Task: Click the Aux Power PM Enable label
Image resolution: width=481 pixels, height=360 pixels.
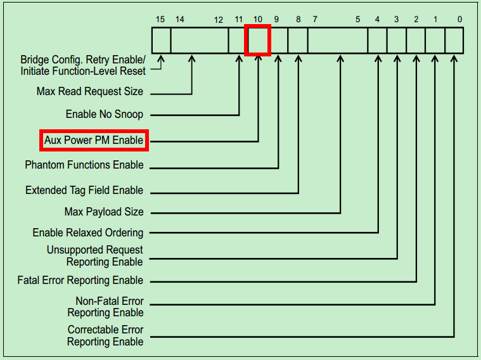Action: pos(94,140)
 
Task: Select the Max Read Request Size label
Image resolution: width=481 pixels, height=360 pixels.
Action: pos(90,92)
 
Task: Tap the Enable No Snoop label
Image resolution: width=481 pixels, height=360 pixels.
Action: pos(105,115)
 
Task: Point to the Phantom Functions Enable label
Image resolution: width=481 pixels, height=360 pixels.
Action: pos(84,165)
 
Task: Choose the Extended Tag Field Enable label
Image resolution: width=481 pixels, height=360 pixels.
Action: pos(84,190)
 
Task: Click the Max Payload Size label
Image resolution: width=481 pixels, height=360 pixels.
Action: pos(104,212)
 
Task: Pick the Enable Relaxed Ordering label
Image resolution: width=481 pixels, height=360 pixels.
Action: pos(88,233)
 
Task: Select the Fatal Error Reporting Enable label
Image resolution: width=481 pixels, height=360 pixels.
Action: pos(80,280)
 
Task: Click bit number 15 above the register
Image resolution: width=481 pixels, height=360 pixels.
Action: pos(160,20)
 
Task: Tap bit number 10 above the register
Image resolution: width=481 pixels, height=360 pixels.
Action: pos(258,20)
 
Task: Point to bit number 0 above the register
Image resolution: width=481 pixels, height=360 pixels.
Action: pos(459,20)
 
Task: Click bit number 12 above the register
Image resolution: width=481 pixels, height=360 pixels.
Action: pos(219,20)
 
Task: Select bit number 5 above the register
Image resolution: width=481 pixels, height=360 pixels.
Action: pos(358,20)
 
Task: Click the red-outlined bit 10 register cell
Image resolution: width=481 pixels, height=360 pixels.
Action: pos(258,41)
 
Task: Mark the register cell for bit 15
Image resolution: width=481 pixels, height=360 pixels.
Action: pos(162,41)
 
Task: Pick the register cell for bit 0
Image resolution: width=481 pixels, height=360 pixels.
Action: pos(454,41)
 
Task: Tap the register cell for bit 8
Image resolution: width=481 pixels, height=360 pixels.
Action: pos(298,41)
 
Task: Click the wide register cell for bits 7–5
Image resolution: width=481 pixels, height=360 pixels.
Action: pos(338,41)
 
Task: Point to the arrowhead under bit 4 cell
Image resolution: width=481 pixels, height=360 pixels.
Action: pos(378,59)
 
